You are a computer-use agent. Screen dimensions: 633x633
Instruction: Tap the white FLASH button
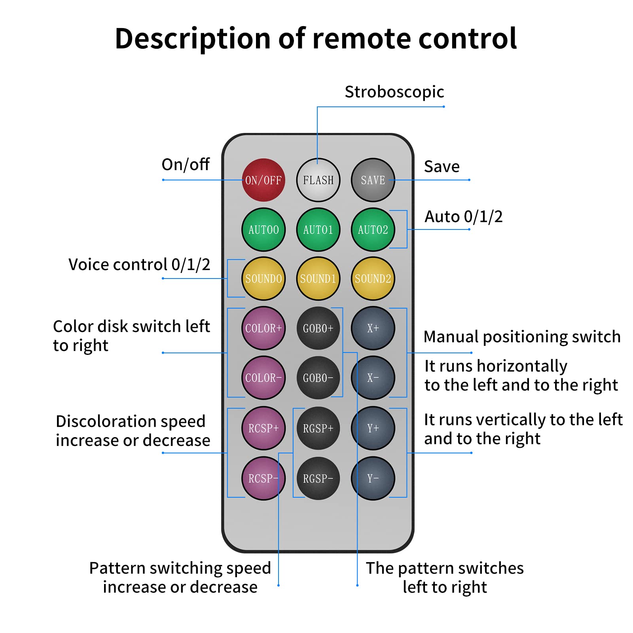pos(318,180)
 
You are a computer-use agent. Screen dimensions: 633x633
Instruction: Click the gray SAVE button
pos(373,180)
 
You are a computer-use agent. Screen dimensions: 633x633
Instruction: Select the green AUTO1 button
pos(318,229)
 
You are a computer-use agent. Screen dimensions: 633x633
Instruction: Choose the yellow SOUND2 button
pos(373,279)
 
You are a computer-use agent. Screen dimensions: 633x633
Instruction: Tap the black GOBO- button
pos(318,378)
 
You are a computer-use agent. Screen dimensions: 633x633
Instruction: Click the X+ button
pos(373,328)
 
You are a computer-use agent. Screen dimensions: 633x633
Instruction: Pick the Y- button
pos(373,478)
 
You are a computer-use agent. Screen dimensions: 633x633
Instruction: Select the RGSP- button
pos(318,478)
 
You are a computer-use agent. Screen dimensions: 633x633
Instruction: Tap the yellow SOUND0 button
pos(263,279)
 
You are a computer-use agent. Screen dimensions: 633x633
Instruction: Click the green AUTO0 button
pos(263,229)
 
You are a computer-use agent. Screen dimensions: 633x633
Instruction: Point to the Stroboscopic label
pos(394,92)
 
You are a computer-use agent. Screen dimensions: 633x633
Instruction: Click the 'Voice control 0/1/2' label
pos(139,264)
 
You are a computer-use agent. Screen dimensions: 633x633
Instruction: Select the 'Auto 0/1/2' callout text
pos(463,216)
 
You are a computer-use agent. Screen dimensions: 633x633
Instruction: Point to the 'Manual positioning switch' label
pos(522,337)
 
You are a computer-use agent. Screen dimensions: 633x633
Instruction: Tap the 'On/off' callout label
pos(186,164)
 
